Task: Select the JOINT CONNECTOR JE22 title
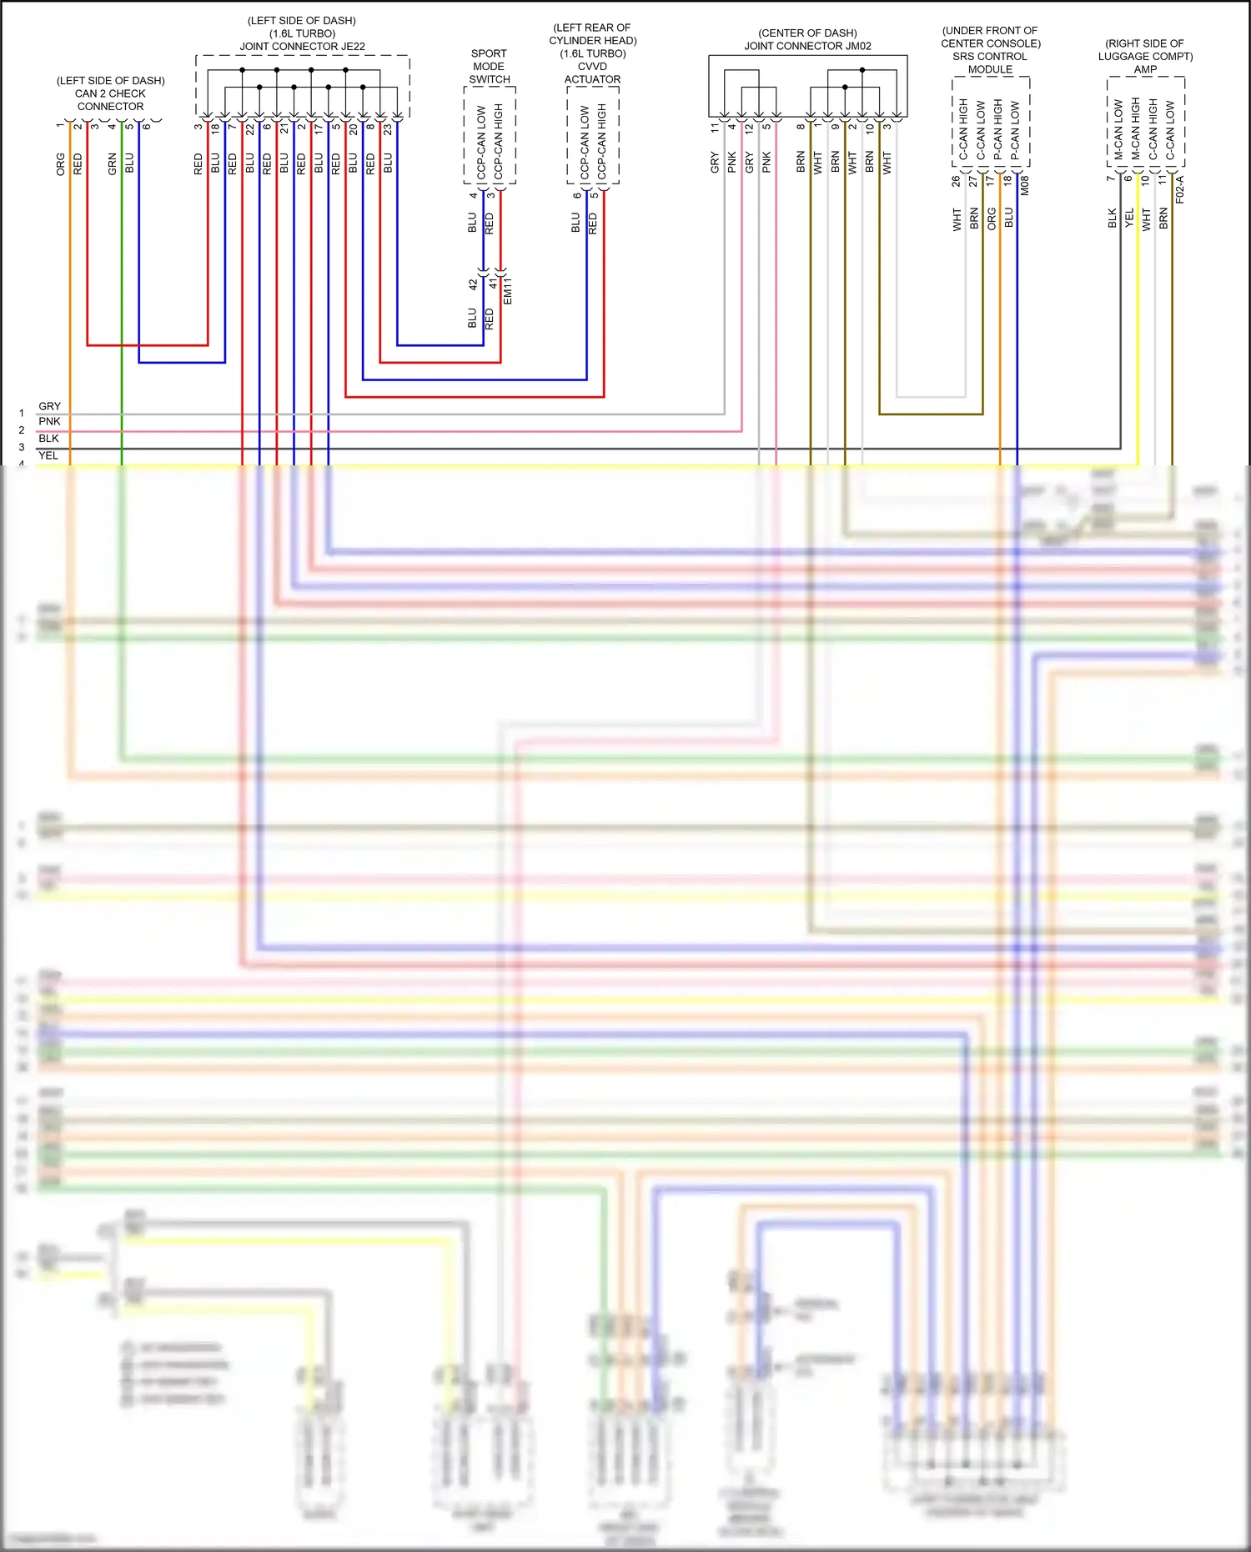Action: click(x=302, y=47)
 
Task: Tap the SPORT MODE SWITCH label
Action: click(x=489, y=67)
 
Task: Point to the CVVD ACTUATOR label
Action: click(x=592, y=73)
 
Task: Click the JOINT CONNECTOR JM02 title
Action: click(x=807, y=47)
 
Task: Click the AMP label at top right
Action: click(x=1145, y=69)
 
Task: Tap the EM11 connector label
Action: click(x=508, y=290)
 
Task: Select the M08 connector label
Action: click(x=1025, y=185)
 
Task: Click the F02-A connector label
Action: click(x=1180, y=189)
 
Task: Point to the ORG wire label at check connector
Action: click(x=61, y=163)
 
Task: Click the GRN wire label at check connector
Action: click(x=113, y=163)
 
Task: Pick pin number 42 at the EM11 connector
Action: click(x=473, y=284)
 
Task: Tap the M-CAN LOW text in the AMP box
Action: click(x=1118, y=130)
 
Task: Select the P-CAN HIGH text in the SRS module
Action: click(x=997, y=130)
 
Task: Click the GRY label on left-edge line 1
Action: click(x=49, y=406)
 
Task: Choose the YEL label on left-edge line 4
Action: click(x=48, y=455)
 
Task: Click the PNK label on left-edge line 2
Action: click(x=49, y=422)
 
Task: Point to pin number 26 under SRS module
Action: click(x=956, y=180)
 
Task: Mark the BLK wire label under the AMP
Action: click(x=1112, y=218)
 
